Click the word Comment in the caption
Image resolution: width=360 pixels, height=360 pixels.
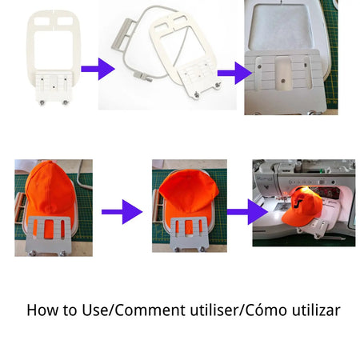150,310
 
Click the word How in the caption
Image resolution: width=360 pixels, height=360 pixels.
43,310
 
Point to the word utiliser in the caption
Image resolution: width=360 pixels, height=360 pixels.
214,310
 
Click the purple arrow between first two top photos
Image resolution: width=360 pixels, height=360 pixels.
98,69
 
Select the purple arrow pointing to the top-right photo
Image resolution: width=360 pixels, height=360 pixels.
234,73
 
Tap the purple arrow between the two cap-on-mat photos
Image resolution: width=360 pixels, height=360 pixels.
122,212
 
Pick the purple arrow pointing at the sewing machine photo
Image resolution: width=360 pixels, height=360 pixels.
247,212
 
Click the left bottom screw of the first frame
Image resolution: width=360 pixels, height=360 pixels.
42,102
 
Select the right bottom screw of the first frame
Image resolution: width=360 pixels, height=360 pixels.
65,102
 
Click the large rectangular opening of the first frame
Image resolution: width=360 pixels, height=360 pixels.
54,50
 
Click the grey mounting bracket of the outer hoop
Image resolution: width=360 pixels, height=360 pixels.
122,34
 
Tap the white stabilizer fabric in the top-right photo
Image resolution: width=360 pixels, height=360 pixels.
280,26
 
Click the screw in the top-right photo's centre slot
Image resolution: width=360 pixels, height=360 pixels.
283,81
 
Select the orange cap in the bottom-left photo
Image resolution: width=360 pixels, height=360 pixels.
50,192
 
